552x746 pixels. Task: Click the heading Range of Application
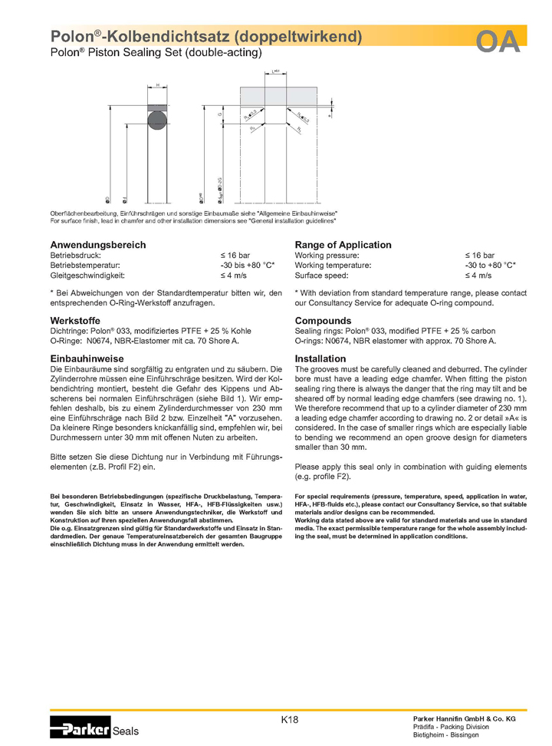point(343,245)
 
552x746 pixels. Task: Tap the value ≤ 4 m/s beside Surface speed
point(478,275)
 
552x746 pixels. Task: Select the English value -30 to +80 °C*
point(490,265)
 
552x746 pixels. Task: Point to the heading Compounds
point(323,321)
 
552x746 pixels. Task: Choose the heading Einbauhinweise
point(87,358)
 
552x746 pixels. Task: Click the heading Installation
point(320,358)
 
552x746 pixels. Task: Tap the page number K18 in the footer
point(289,720)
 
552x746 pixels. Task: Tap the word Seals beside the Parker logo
point(126,732)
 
